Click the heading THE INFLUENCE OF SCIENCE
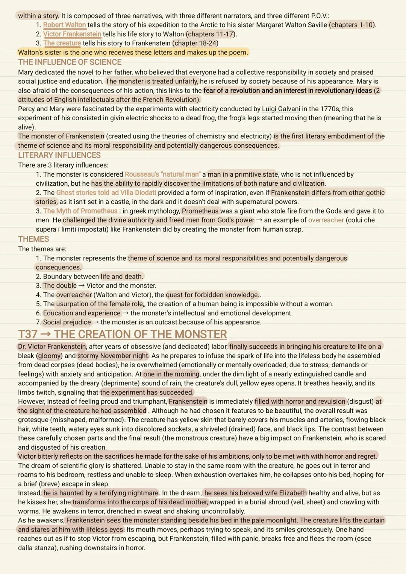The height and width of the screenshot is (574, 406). pos(70,62)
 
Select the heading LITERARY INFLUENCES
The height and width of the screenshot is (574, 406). pos(59,155)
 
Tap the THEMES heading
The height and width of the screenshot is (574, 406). pos(33,239)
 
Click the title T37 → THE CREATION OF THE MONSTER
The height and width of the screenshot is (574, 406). pos(123,334)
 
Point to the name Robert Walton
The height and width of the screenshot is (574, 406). pos(64,25)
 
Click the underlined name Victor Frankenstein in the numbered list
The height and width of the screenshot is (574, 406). pos(72,34)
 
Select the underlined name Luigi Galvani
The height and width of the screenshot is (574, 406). pos(281,109)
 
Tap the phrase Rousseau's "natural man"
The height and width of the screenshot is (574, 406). pos(162,174)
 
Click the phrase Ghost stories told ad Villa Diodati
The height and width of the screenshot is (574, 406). pos(106,193)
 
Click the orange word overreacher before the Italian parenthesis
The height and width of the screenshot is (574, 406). pos(326,220)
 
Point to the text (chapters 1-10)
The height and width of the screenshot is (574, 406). pos(352,25)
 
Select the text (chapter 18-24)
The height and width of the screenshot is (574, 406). pos(195,43)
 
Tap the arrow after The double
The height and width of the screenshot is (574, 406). pos(82,286)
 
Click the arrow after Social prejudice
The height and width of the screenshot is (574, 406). pos(96,322)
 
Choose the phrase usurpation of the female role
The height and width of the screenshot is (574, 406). pos(100,304)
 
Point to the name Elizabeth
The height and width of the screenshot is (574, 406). pos(293,493)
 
